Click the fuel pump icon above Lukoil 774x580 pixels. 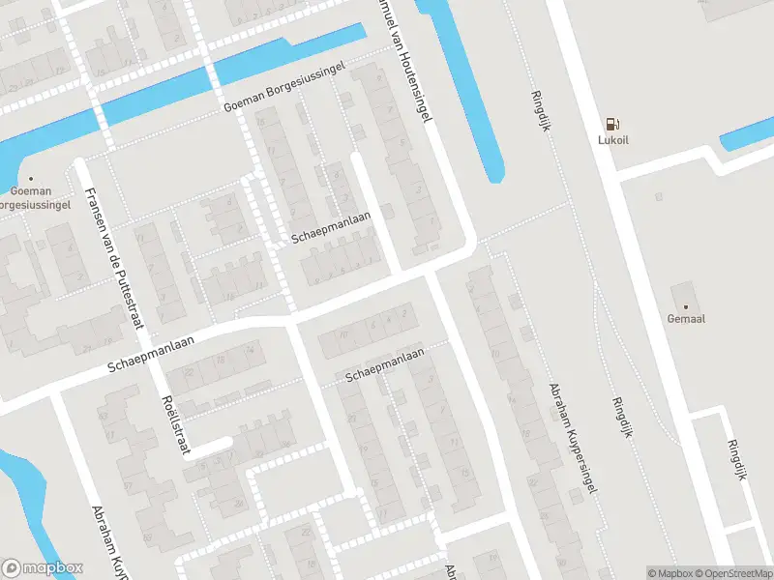(x=610, y=123)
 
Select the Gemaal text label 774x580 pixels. (x=685, y=319)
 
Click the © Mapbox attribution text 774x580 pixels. (x=671, y=573)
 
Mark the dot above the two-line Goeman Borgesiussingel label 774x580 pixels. (x=31, y=178)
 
